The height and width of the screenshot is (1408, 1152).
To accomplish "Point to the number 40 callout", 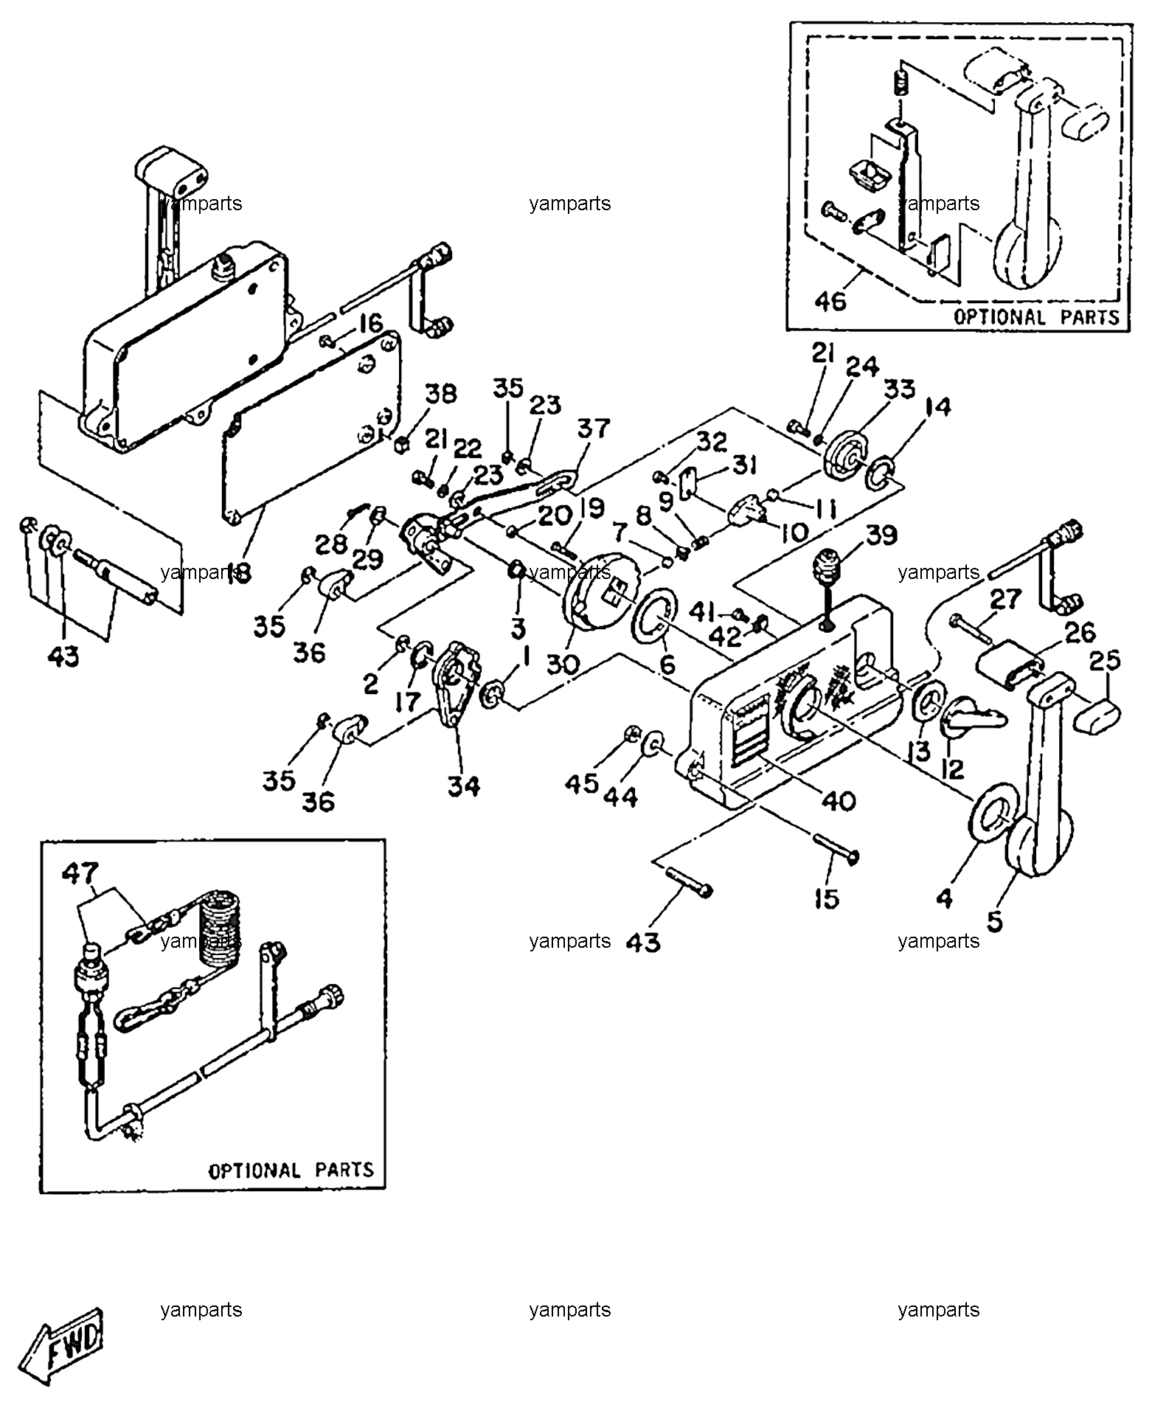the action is point(839,800).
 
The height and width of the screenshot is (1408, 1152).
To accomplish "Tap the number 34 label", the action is point(463,787).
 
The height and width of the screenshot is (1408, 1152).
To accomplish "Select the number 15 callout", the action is point(827,898).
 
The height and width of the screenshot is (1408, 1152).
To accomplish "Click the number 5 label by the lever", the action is point(995,922).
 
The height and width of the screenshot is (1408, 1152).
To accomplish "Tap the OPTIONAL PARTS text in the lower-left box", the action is point(291,1171).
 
